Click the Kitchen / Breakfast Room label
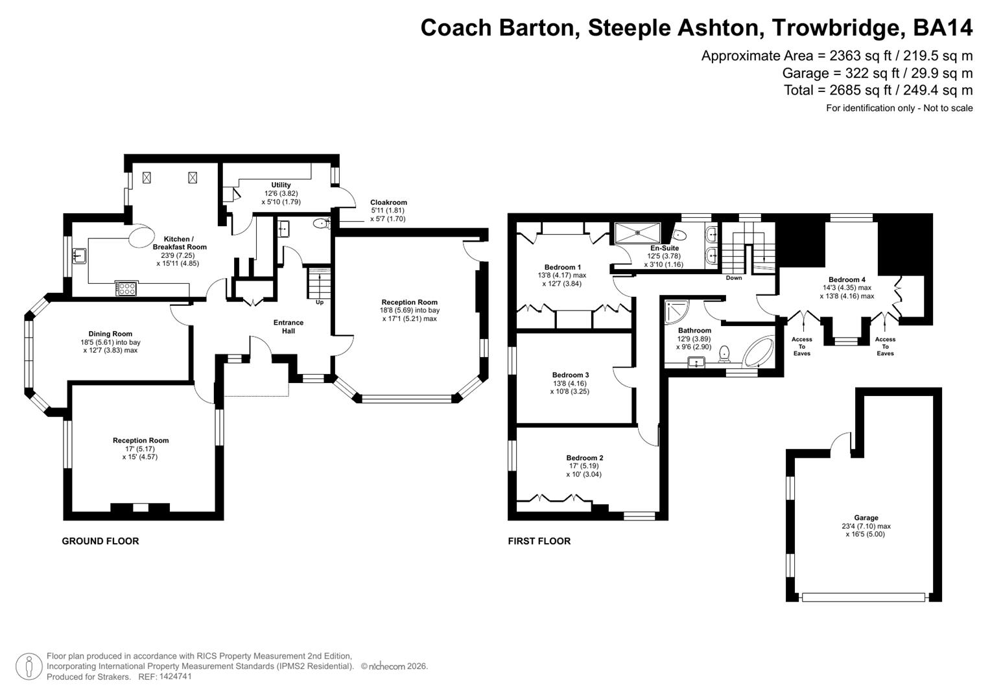180,243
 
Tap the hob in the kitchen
126,288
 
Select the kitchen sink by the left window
79,256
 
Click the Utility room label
281,185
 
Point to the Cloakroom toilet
322,224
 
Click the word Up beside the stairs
319,302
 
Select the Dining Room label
110,334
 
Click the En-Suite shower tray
637,231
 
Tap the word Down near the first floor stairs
734,278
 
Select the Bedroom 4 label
847,280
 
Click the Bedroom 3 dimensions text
570,388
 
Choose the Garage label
866,518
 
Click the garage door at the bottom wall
864,597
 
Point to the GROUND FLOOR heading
100,541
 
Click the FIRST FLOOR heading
539,541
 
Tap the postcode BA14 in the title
943,28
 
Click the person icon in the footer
29,667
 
